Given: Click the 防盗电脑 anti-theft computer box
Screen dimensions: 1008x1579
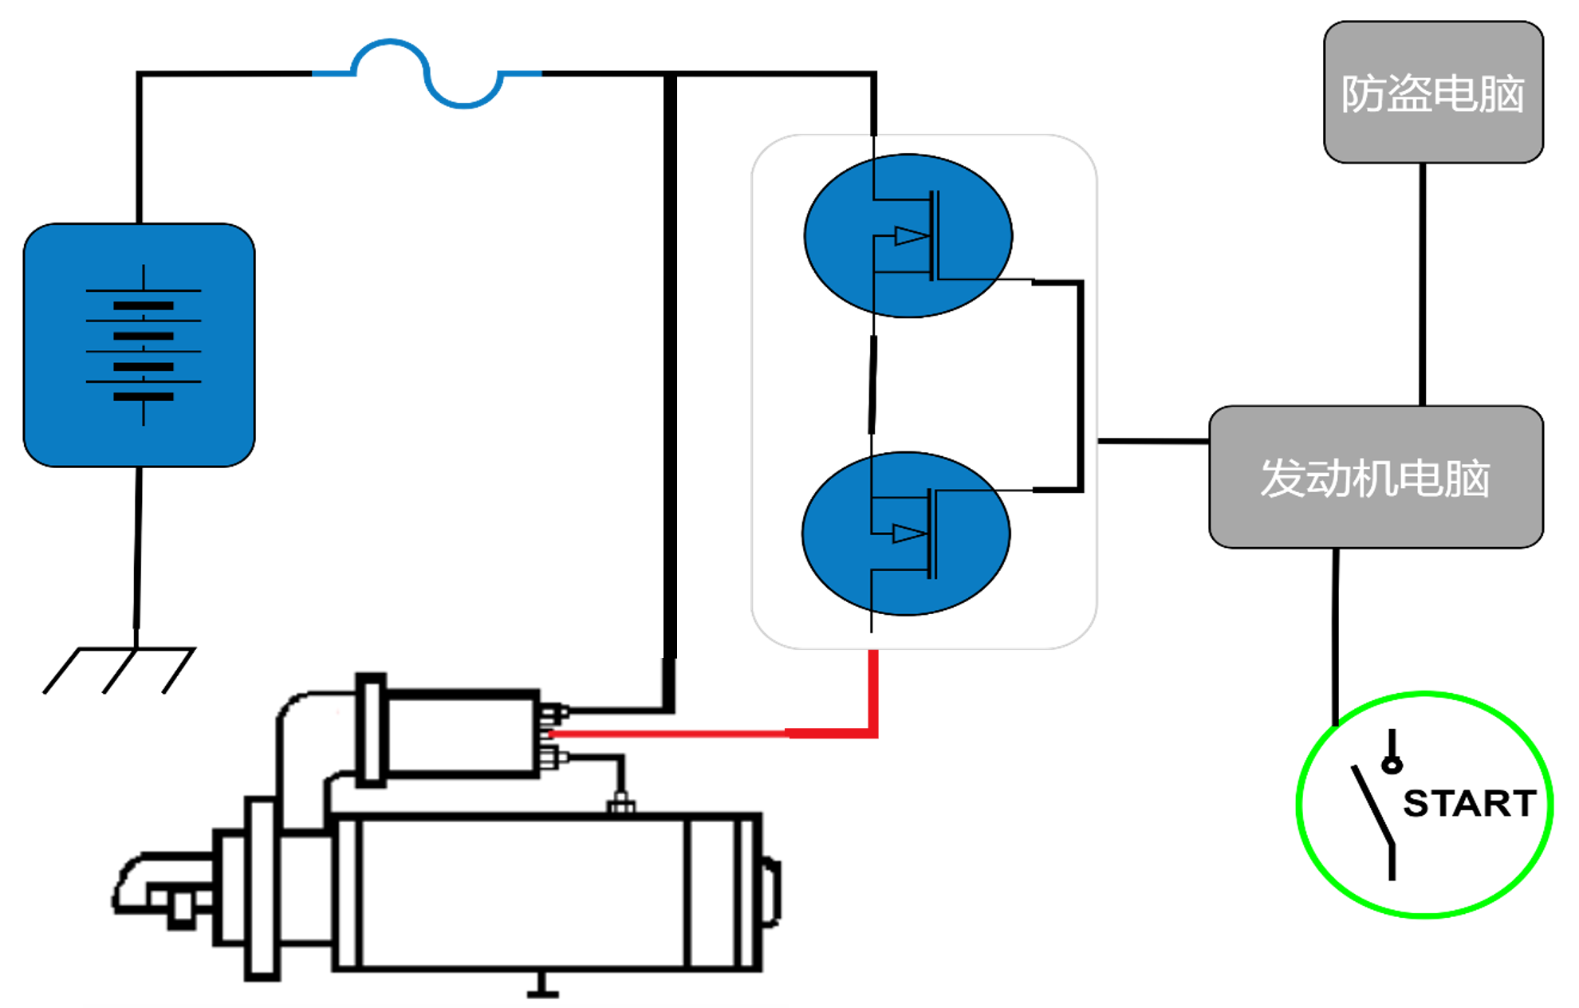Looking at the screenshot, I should point(1432,93).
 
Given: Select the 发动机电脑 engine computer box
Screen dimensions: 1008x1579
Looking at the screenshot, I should point(1375,477).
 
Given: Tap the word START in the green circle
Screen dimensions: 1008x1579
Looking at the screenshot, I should point(1469,803).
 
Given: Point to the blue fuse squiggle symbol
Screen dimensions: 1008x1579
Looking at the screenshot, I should point(427,73).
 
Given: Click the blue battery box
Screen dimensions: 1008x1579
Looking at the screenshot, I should point(139,345).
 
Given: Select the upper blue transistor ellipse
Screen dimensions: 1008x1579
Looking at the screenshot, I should point(908,236).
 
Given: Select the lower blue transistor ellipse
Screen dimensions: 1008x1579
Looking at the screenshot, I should point(906,534).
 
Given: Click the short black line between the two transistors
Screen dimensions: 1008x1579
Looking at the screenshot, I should point(872,385).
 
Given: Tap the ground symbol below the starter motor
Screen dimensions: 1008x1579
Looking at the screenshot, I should point(542,989).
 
